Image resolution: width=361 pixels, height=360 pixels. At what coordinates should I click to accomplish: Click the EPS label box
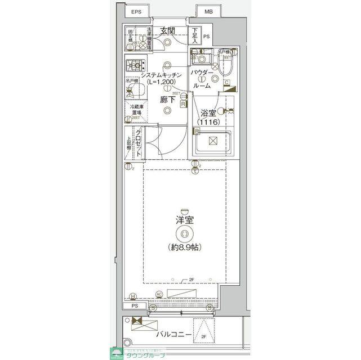click(136, 12)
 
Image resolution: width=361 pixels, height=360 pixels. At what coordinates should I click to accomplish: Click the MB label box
click(208, 12)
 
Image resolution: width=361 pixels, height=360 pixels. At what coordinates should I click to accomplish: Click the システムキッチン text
click(161, 75)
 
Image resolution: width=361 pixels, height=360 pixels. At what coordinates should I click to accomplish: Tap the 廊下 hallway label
click(167, 100)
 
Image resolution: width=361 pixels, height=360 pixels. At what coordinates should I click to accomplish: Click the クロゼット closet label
click(139, 143)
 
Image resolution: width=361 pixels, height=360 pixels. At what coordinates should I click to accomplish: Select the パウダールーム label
click(202, 79)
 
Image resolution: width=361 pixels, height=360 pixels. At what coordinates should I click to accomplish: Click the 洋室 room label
click(184, 220)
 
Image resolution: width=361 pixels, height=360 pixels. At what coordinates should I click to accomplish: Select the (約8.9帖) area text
click(184, 247)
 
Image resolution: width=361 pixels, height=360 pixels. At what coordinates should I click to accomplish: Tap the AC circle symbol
click(159, 293)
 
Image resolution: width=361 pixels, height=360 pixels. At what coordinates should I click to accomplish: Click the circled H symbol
click(132, 296)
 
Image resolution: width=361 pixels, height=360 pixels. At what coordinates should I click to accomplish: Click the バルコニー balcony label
click(172, 335)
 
